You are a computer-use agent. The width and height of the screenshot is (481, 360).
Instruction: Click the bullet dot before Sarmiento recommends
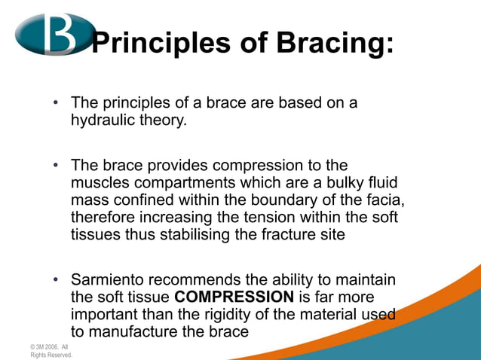coord(55,281)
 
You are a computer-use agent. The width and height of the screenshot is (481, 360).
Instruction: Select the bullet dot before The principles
coord(55,103)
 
